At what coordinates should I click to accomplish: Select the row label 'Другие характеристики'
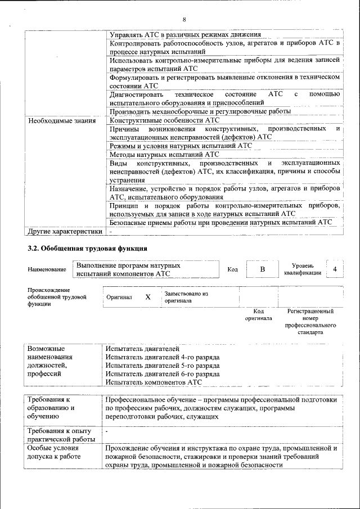(x=65, y=231)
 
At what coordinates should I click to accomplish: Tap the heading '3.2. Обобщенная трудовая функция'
(x=88, y=248)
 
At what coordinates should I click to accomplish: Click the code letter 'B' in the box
(x=262, y=269)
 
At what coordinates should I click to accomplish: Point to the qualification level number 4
(x=335, y=269)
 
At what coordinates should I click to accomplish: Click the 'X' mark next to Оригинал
(x=148, y=297)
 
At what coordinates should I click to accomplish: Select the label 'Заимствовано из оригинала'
(x=186, y=297)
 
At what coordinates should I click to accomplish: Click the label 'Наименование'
(x=47, y=270)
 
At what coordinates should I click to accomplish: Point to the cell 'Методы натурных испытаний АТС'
(x=164, y=154)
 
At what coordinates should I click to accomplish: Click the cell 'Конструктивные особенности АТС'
(x=164, y=120)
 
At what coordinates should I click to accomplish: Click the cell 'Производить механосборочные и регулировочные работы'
(x=201, y=111)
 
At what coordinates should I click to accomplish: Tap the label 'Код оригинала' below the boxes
(x=258, y=314)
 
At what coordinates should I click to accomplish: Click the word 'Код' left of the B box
(x=232, y=270)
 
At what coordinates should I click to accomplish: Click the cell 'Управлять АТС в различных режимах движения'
(x=185, y=35)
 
